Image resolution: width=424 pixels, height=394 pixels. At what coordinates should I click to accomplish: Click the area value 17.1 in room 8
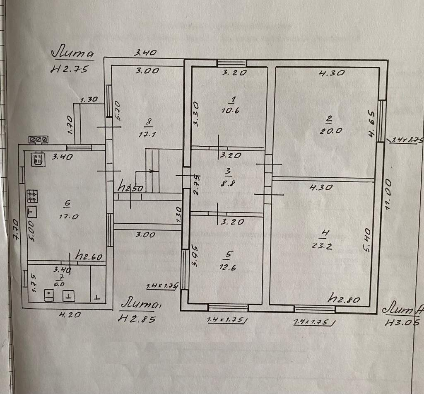tap(149, 134)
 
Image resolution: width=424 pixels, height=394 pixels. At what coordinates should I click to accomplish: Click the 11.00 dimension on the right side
tap(388, 195)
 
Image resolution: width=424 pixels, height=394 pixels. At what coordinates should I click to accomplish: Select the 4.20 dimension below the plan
tap(69, 315)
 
